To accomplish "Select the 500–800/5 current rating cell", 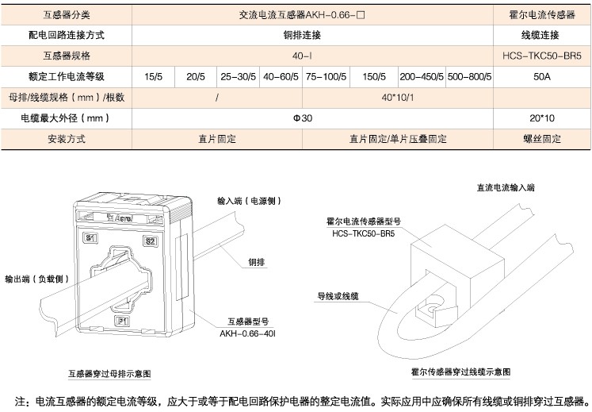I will tap(469, 76).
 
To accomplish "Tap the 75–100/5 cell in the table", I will tap(326, 76).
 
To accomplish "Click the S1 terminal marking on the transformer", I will tap(91, 238).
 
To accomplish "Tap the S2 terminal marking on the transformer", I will tap(150, 241).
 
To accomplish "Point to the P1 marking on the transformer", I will tap(122, 321).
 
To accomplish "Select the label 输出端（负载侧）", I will tap(38, 279).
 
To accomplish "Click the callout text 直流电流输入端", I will tap(506, 188).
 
